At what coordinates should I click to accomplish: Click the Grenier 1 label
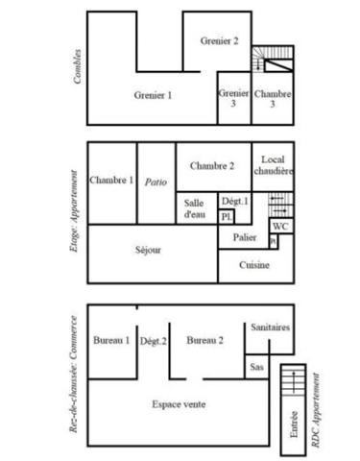tap(153, 95)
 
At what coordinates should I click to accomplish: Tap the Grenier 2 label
tap(219, 40)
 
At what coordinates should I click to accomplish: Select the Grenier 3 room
tap(233, 98)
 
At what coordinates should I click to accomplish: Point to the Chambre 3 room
tap(274, 98)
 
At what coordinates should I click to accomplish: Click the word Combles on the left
tap(77, 67)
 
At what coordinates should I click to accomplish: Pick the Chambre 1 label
tap(111, 180)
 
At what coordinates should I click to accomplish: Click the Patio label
tap(156, 181)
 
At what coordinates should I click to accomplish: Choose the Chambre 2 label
tap(212, 165)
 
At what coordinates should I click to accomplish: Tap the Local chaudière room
tap(274, 165)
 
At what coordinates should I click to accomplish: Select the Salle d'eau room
tap(195, 208)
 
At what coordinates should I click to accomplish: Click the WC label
tap(279, 227)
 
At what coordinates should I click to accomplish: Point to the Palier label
tap(244, 236)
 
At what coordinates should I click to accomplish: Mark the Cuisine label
tap(253, 264)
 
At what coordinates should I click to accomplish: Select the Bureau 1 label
tap(111, 340)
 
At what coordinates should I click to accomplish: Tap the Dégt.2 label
tap(154, 340)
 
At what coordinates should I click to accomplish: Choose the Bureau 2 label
tap(205, 340)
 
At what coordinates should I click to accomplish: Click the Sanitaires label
tap(270, 328)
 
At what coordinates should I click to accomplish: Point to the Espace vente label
tap(180, 404)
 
